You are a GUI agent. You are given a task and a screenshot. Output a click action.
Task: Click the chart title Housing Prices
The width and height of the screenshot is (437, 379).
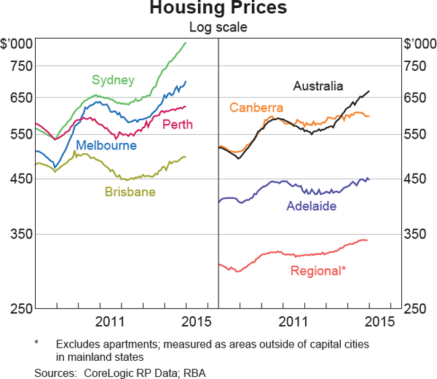click(x=218, y=9)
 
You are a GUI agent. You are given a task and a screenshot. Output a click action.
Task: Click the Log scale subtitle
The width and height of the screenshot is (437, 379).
click(x=218, y=28)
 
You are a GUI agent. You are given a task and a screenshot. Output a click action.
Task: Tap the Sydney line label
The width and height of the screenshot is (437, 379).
click(x=113, y=79)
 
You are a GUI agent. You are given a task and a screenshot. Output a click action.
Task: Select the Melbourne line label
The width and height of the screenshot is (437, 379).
click(x=106, y=145)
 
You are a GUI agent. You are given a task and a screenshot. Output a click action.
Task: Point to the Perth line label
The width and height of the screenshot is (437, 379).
click(x=177, y=125)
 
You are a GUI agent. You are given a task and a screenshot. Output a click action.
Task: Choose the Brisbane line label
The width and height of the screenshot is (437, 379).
click(x=130, y=192)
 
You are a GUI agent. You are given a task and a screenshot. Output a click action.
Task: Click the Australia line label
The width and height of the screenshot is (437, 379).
click(x=318, y=86)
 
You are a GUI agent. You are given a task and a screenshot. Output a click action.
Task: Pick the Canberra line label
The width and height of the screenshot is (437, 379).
click(x=256, y=108)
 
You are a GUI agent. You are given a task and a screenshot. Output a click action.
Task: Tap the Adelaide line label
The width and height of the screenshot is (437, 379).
click(x=311, y=206)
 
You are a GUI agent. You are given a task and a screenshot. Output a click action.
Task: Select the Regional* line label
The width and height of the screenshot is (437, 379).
click(x=318, y=270)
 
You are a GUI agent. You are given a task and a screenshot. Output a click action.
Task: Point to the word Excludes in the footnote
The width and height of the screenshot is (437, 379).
click(x=78, y=343)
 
